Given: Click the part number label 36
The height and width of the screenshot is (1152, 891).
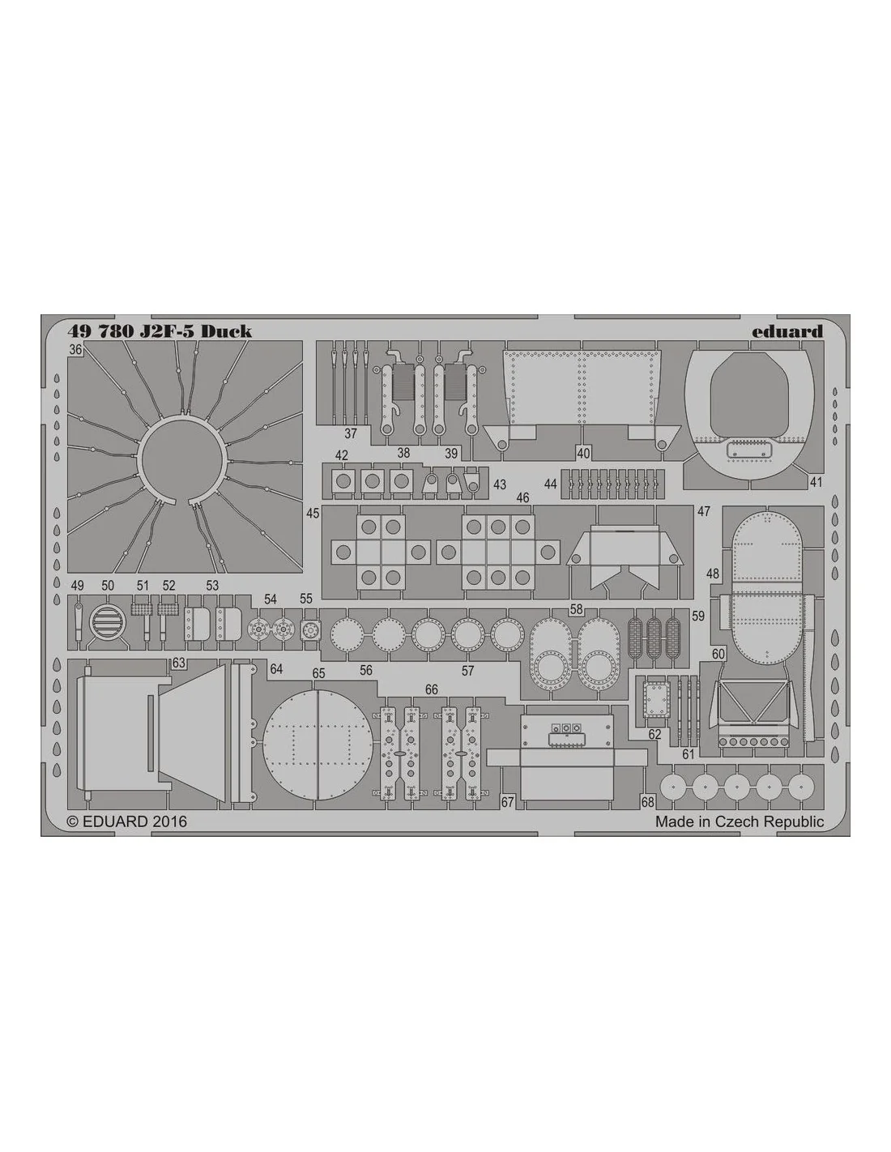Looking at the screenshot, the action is coord(75,350).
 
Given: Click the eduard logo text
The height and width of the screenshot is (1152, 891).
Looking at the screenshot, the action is coord(787,331).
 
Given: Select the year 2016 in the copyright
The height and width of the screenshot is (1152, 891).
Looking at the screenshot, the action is coord(168,821).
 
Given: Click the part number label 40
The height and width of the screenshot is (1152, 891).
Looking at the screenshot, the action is coord(583,453).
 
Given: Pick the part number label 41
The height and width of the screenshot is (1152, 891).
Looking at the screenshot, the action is coord(816,481).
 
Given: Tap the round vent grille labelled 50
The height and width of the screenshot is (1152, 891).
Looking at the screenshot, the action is coord(108,622).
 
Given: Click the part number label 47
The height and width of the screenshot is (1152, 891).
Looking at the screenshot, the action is coord(704,511).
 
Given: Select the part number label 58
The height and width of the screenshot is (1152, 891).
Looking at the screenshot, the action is coord(576,610).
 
